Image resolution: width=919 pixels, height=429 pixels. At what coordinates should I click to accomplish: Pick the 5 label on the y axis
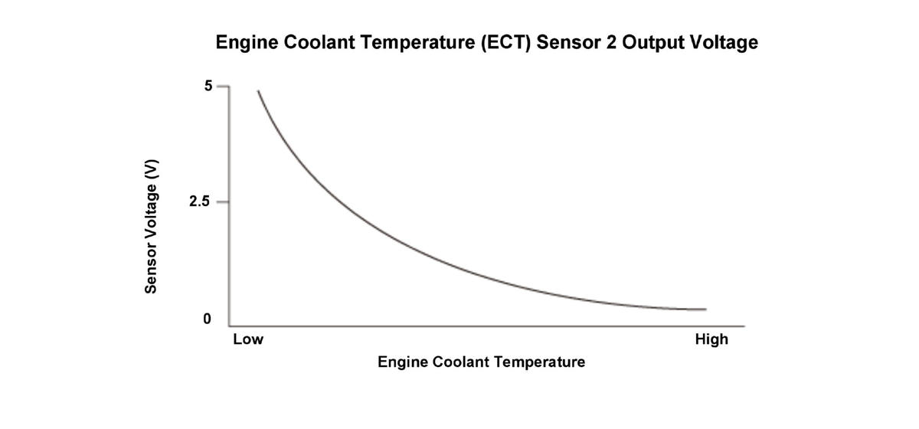(x=208, y=87)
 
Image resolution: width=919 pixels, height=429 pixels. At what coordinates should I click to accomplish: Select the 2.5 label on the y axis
(x=201, y=202)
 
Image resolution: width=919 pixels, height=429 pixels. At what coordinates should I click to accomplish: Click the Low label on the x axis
(x=247, y=339)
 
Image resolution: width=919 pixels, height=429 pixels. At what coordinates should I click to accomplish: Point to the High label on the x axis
(x=711, y=339)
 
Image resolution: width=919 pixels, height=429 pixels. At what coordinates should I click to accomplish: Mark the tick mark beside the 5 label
(x=223, y=87)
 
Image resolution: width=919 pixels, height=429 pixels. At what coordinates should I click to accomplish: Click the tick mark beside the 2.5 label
(x=223, y=202)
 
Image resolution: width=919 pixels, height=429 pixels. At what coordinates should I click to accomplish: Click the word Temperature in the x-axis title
(x=537, y=362)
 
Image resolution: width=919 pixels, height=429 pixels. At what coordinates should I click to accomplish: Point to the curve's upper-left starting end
(x=258, y=91)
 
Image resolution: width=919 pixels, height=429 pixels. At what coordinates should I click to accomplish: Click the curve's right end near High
(x=705, y=309)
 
